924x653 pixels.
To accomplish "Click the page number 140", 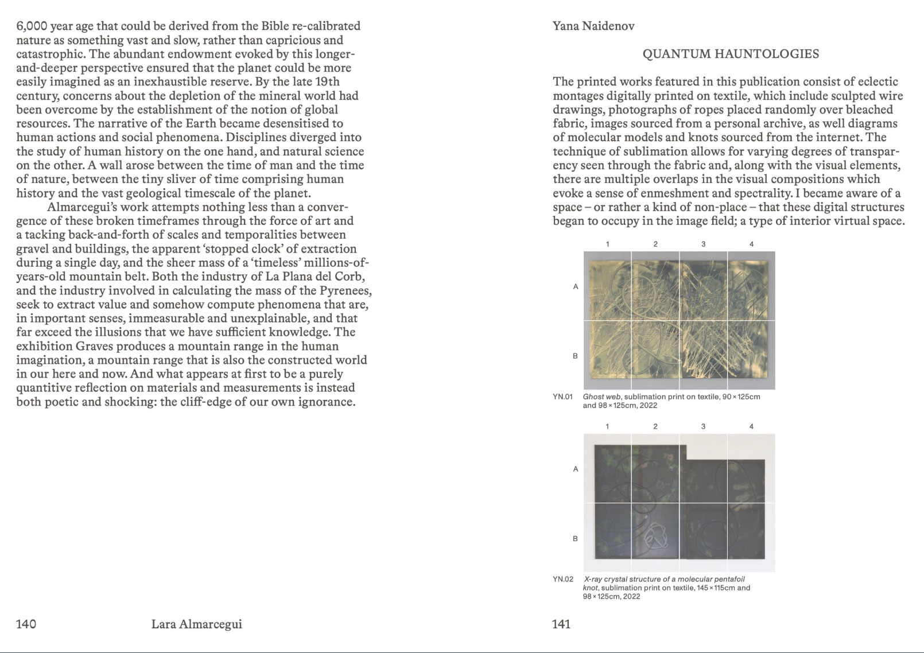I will click(x=26, y=624).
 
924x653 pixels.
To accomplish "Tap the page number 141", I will click(x=561, y=624).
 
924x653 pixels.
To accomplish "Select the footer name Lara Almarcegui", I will click(x=196, y=624).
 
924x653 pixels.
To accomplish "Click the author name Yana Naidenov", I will click(x=593, y=26).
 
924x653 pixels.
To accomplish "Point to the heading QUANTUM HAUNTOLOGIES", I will click(x=731, y=54).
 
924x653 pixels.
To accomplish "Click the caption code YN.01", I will click(x=562, y=397).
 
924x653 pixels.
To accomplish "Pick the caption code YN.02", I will click(x=563, y=579).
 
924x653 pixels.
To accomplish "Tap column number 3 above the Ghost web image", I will click(x=704, y=244).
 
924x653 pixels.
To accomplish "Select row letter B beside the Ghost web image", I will click(x=575, y=356).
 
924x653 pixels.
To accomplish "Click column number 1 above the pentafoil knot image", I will click(x=607, y=426).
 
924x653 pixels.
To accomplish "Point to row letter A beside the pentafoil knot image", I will click(x=575, y=469).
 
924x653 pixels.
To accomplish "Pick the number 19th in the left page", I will click(x=327, y=81).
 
